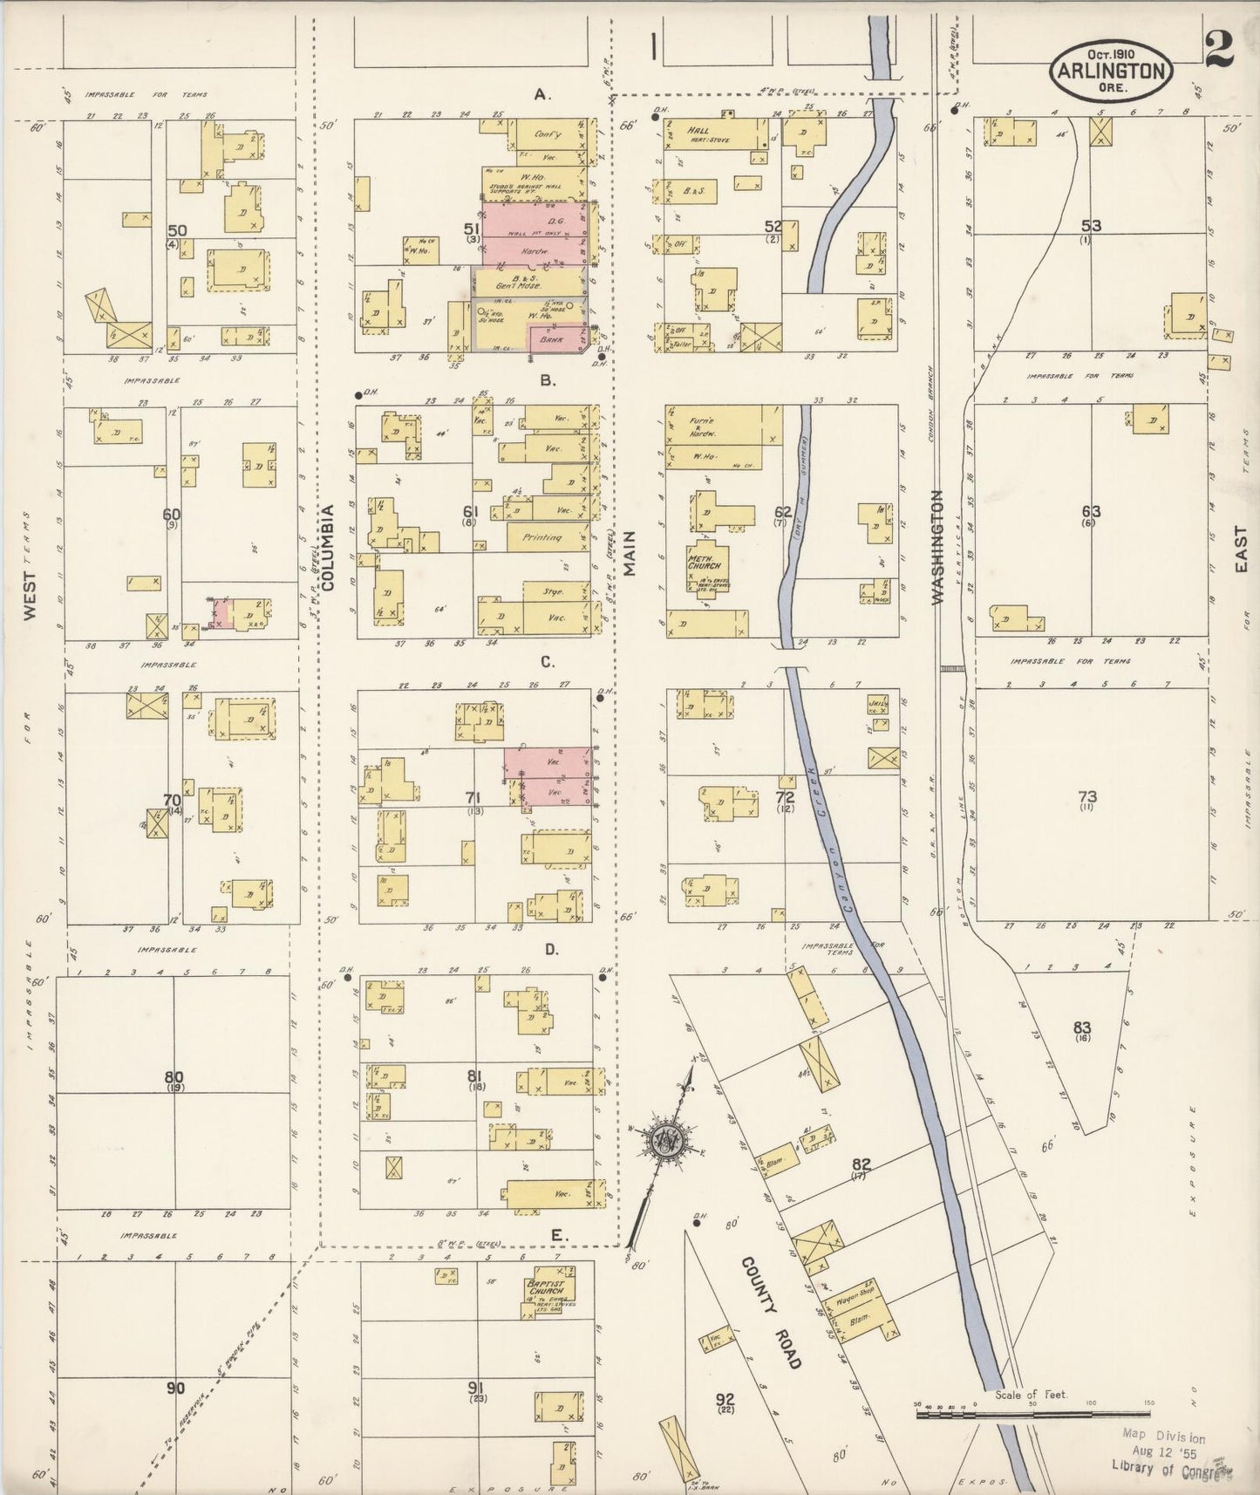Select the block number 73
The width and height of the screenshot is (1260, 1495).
[x=1087, y=796]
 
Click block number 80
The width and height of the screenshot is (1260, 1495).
[x=174, y=1076]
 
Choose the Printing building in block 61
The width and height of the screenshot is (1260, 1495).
[x=542, y=537]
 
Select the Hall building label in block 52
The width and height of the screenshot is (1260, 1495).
[x=698, y=130]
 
